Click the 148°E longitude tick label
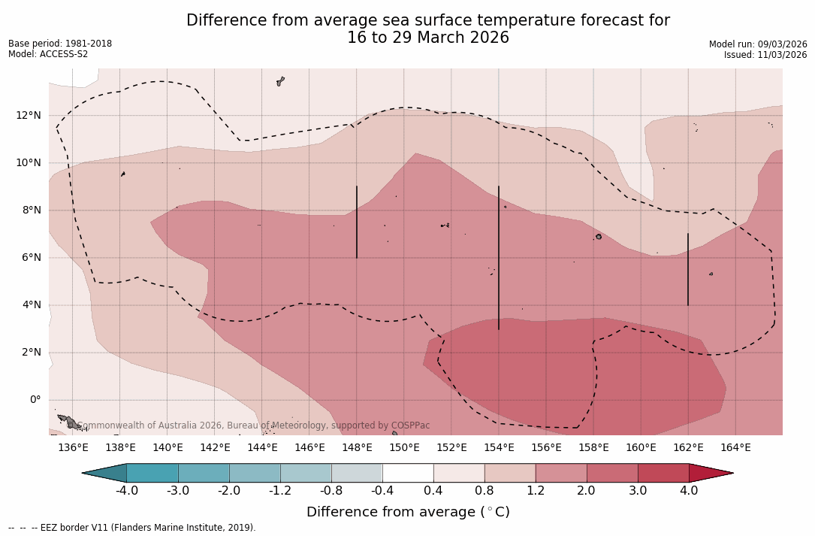357,448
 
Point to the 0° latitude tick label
35,400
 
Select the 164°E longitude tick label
735,448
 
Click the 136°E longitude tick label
73,448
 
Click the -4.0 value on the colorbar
126,491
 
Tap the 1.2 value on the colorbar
536,491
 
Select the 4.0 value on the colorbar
689,491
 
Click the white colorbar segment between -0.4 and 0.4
408,473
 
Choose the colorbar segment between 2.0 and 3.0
612,473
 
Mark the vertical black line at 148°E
357,223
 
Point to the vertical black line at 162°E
688,269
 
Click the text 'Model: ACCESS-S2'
48,54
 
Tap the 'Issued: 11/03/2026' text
765,55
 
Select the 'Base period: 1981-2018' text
60,44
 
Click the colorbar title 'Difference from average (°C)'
408,513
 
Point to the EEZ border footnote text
132,528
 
